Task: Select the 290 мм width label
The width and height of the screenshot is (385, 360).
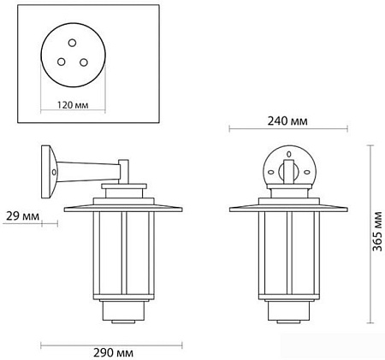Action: click(116, 351)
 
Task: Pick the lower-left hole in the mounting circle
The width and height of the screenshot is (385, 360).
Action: click(62, 62)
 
